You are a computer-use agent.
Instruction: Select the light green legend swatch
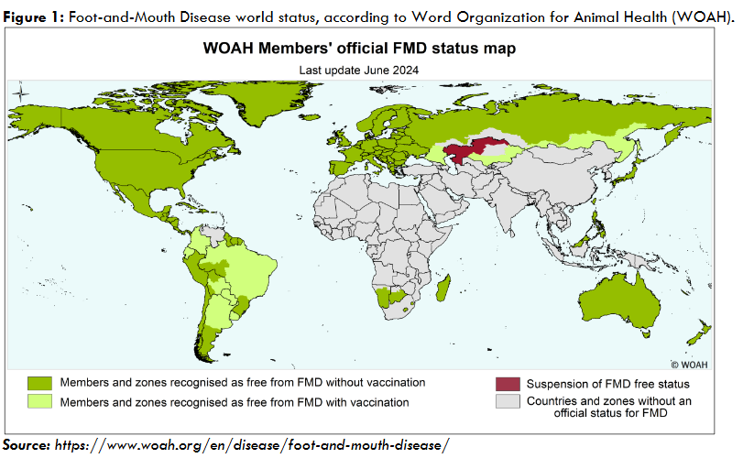pyautogui.click(x=39, y=401)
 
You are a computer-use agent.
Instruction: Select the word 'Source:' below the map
pyautogui.click(x=27, y=444)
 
